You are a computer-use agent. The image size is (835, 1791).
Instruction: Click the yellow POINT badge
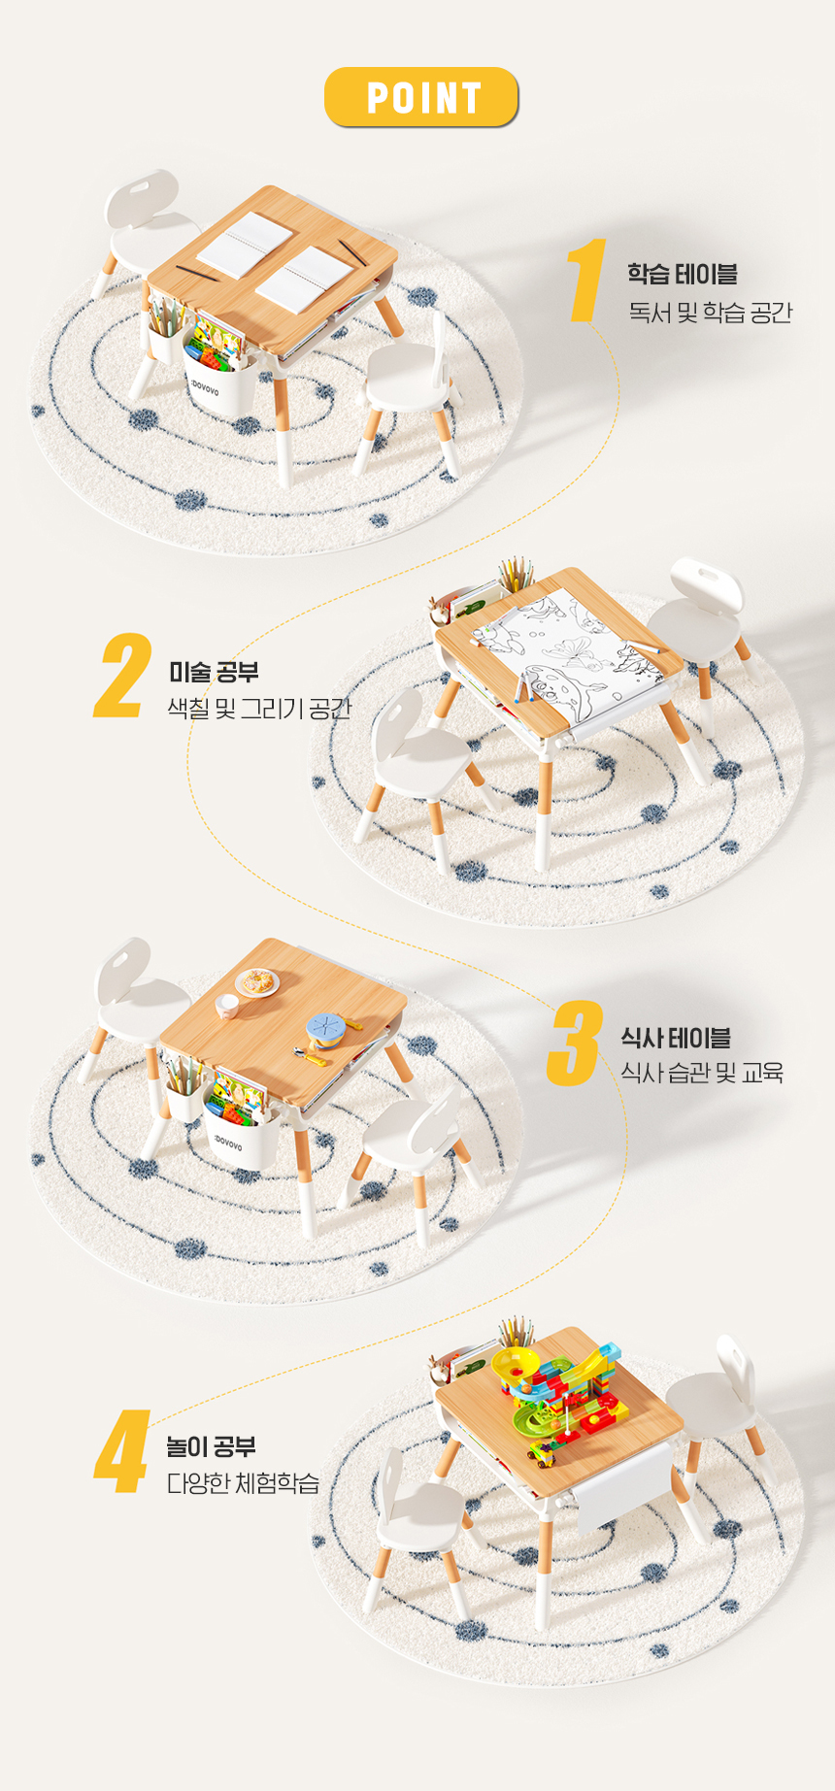[420, 97]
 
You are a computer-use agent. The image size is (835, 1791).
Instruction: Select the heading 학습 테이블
[682, 274]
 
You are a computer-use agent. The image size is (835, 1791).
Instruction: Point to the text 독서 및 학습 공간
[710, 313]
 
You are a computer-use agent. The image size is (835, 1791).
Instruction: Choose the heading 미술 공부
[214, 672]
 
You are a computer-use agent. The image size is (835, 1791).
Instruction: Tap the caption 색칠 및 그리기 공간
[258, 709]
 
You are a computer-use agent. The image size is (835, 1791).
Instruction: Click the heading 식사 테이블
[676, 1038]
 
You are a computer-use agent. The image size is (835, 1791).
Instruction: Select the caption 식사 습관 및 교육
[702, 1073]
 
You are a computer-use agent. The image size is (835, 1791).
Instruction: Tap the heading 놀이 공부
[211, 1446]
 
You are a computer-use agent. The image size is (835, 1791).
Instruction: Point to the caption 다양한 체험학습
[243, 1483]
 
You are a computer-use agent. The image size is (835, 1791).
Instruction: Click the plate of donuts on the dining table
[257, 983]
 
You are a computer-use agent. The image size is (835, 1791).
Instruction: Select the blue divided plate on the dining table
[327, 1027]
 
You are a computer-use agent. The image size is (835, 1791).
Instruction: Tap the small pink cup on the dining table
[226, 1006]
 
